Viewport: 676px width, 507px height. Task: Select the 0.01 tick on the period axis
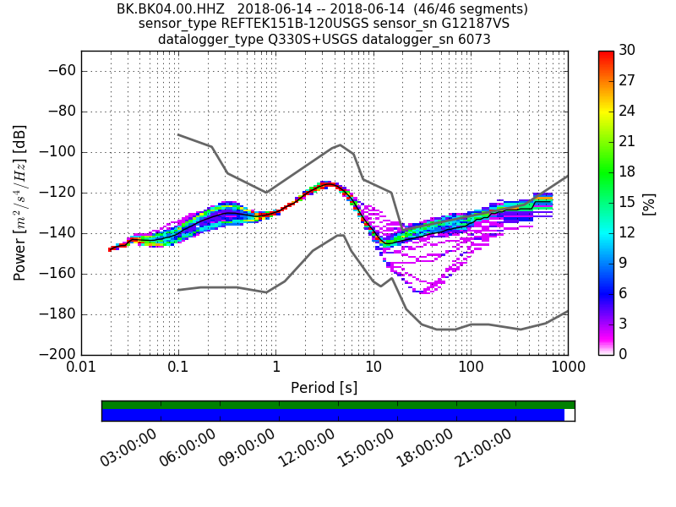pos(81,368)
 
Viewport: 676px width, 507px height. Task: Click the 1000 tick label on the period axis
pos(567,368)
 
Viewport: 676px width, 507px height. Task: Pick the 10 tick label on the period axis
pos(373,368)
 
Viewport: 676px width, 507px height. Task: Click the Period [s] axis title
pos(324,388)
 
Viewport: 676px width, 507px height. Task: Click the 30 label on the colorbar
pos(627,51)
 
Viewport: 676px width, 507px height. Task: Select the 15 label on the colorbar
pos(627,203)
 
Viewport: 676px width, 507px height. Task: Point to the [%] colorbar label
pos(649,203)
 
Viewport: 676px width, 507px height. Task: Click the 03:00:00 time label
pos(128,448)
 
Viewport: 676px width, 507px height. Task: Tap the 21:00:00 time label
pos(483,448)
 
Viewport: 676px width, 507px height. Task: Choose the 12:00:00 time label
pos(306,448)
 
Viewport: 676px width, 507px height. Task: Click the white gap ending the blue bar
pos(570,415)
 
